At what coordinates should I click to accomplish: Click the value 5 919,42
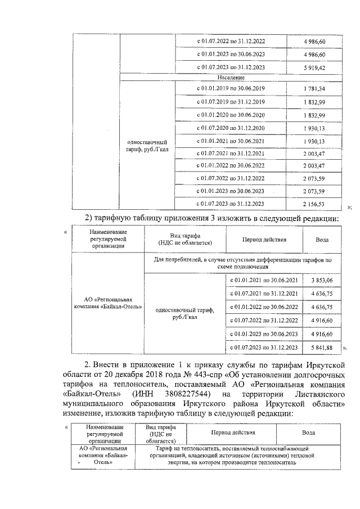[x=314, y=68]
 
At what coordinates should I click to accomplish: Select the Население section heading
[x=231, y=78]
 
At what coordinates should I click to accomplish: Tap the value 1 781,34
[x=314, y=89]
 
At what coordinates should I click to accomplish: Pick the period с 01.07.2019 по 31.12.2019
[x=231, y=102]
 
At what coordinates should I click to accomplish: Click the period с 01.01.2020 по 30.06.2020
[x=231, y=115]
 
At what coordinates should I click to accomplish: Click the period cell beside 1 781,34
[x=231, y=89]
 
